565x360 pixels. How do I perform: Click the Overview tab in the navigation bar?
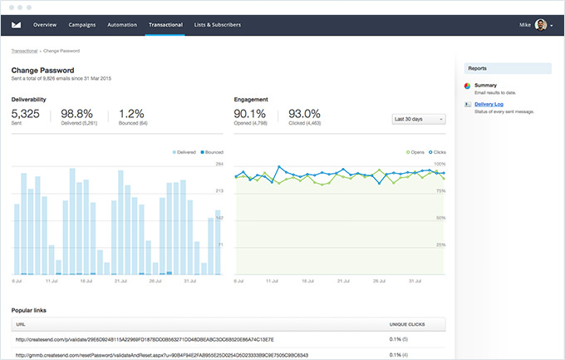pyautogui.click(x=45, y=25)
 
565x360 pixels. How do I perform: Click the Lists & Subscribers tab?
pyautogui.click(x=217, y=25)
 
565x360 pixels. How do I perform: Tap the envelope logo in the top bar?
pyautogui.click(x=16, y=25)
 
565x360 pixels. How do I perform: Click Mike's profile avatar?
pyautogui.click(x=541, y=25)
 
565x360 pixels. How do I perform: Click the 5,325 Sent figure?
pyautogui.click(x=26, y=113)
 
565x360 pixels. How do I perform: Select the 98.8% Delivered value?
pyautogui.click(x=77, y=113)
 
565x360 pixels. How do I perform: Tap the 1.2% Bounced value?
pyautogui.click(x=133, y=113)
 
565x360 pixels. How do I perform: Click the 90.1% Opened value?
pyautogui.click(x=249, y=113)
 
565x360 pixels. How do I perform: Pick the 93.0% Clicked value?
pyautogui.click(x=303, y=113)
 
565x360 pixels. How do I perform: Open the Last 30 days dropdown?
pyautogui.click(x=419, y=119)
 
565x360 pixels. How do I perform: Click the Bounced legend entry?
pyautogui.click(x=211, y=152)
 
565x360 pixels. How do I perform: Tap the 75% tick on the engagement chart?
pyautogui.click(x=440, y=191)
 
